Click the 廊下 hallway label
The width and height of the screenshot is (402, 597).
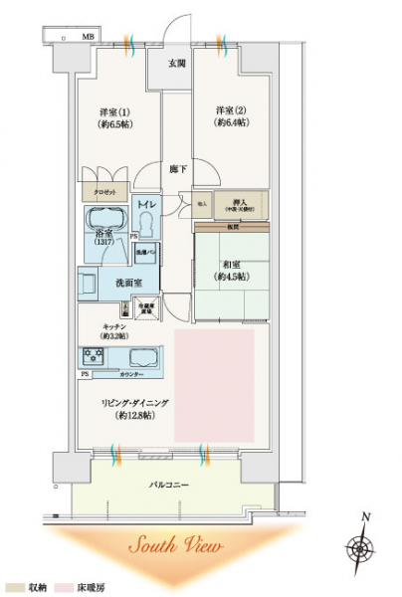[x=176, y=168]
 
